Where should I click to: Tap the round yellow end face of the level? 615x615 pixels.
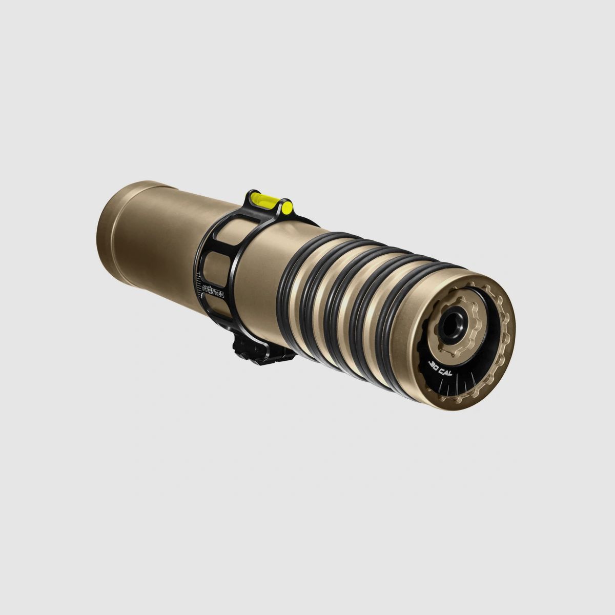pyautogui.click(x=288, y=208)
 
